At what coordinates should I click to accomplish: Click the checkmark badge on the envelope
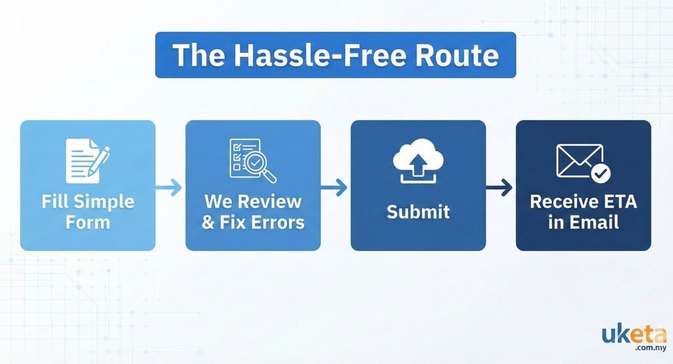click(601, 174)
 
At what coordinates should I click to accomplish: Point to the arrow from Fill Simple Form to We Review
click(170, 189)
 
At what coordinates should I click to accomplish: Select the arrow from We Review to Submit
click(335, 189)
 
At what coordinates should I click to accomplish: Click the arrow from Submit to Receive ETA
click(500, 189)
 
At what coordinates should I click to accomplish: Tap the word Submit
click(418, 212)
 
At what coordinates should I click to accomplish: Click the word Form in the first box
click(88, 222)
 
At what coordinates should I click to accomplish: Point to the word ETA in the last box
click(618, 201)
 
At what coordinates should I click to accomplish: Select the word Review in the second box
click(271, 201)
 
